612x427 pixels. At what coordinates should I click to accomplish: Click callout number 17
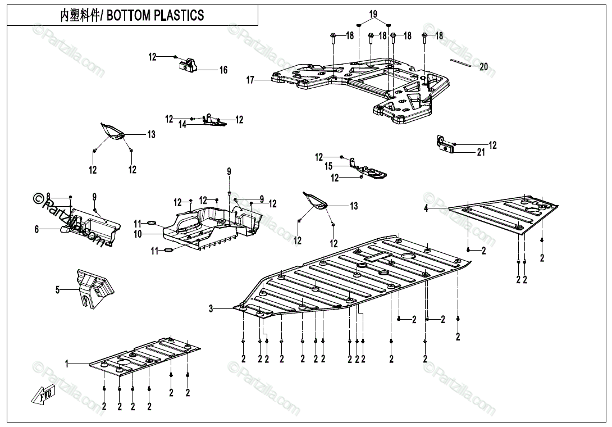[250, 80]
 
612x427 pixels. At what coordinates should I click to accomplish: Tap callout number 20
[483, 67]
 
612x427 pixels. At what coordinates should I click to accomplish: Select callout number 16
[223, 70]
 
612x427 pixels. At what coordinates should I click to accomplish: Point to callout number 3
[211, 308]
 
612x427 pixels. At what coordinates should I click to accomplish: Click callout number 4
[426, 208]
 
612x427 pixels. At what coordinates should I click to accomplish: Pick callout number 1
[67, 364]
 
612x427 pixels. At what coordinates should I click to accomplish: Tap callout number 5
[57, 290]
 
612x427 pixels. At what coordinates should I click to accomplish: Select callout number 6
[37, 229]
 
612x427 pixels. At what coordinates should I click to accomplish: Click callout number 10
[138, 234]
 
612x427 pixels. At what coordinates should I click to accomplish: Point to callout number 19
[373, 14]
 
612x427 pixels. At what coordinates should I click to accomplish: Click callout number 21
[481, 153]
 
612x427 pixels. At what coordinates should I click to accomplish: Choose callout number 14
[182, 125]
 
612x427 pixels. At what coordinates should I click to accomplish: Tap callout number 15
[328, 166]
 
